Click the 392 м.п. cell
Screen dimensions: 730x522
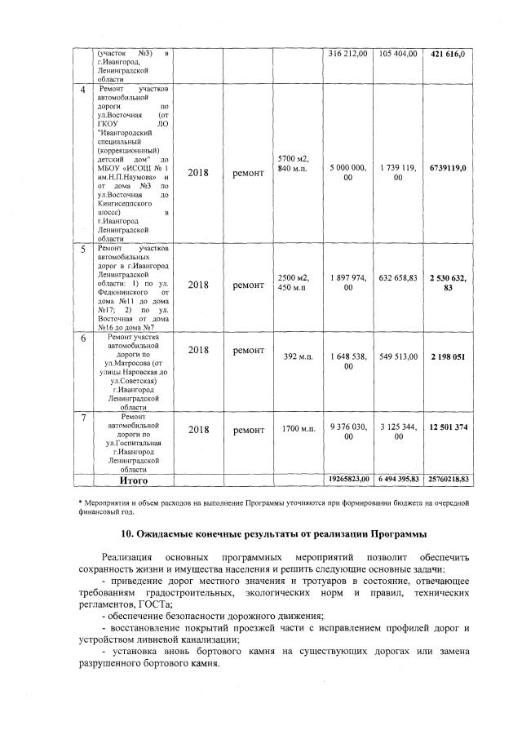[x=299, y=356]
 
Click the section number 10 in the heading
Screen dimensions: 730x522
[x=128, y=534]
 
